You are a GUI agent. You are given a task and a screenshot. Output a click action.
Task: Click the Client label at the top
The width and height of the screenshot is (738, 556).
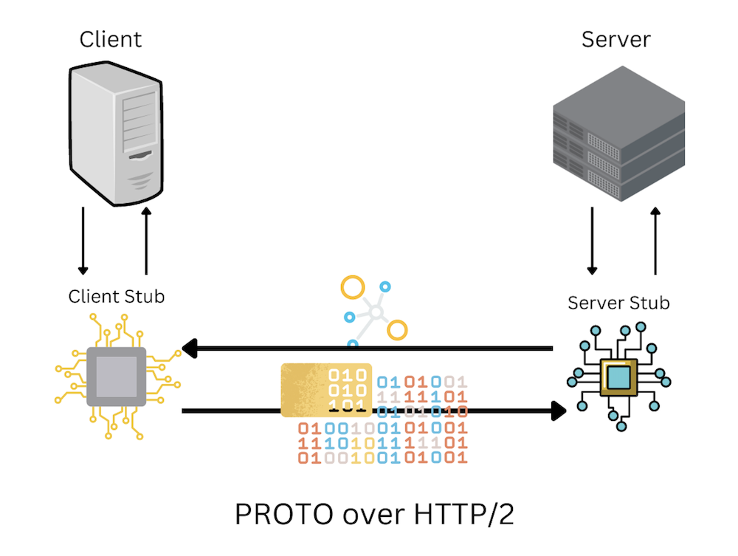click(110, 39)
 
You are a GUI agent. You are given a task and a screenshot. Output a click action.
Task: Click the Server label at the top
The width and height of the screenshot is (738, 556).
click(615, 39)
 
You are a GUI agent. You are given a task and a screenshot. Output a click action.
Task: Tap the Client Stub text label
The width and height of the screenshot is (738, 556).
click(117, 297)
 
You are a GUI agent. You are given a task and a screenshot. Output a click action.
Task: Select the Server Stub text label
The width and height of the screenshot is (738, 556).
click(618, 303)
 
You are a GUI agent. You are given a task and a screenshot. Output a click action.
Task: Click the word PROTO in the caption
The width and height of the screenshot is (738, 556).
click(284, 514)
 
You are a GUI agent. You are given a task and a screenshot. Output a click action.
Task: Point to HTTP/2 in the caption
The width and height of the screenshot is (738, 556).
click(464, 514)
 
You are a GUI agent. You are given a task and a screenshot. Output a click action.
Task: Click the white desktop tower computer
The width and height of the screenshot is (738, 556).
click(116, 134)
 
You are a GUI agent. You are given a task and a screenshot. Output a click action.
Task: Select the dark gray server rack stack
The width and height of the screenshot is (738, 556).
click(619, 133)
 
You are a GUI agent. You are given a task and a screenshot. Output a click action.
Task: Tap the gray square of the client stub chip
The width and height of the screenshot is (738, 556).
click(117, 377)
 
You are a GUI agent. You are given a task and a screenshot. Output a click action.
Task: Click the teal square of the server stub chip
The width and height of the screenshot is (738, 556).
click(618, 377)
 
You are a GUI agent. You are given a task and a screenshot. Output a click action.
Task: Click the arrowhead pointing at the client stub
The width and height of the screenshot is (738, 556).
click(189, 349)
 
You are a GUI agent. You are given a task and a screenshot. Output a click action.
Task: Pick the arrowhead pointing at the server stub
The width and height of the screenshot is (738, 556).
click(558, 411)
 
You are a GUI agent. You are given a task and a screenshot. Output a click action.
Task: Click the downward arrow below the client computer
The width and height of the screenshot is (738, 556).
click(83, 241)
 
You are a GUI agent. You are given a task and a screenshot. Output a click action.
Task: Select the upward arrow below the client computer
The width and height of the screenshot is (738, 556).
click(146, 241)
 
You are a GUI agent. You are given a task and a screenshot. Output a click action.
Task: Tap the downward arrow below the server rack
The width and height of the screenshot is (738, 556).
click(592, 241)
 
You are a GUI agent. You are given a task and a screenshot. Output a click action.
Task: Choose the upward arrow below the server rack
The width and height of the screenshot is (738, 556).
click(655, 241)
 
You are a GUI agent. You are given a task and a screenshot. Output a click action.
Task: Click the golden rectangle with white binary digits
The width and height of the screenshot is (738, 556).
click(326, 390)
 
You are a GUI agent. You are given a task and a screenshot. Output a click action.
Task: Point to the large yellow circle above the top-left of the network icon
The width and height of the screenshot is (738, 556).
click(353, 287)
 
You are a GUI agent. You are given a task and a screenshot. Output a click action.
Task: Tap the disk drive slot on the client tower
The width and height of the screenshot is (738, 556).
click(140, 155)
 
